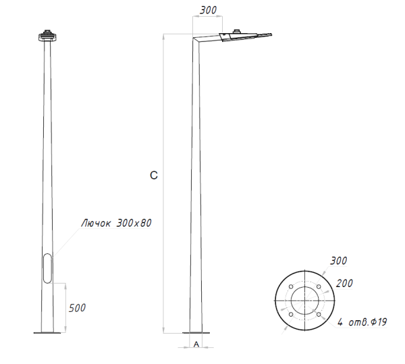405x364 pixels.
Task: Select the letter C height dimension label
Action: pos(154,176)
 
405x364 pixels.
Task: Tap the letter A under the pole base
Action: pos(196,344)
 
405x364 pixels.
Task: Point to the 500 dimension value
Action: pos(78,308)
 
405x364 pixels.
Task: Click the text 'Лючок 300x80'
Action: pos(115,222)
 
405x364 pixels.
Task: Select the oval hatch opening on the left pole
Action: pos(47,267)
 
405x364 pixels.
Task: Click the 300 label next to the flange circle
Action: pos(338,261)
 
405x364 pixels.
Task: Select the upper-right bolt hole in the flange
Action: pos(319,287)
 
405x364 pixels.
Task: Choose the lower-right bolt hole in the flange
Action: pos(319,315)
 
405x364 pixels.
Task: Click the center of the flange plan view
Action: pos(304,301)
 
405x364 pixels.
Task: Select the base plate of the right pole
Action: pos(196,332)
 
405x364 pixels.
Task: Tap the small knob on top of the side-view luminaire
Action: pos(237,30)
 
